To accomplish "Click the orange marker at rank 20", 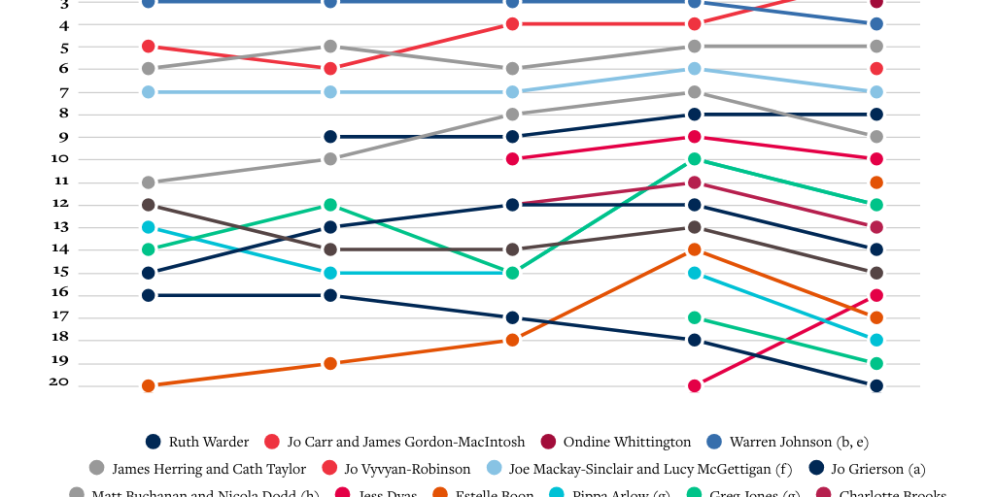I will (149, 385).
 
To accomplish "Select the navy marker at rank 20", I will (876, 385).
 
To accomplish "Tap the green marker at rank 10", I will (695, 159).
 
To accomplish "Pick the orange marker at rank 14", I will (695, 249).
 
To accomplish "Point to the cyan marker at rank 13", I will (149, 227).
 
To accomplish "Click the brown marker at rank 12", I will (149, 205).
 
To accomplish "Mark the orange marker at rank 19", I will (330, 363).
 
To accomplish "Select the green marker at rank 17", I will (695, 317).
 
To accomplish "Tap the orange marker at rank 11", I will (876, 182).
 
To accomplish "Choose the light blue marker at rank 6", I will (695, 69).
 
